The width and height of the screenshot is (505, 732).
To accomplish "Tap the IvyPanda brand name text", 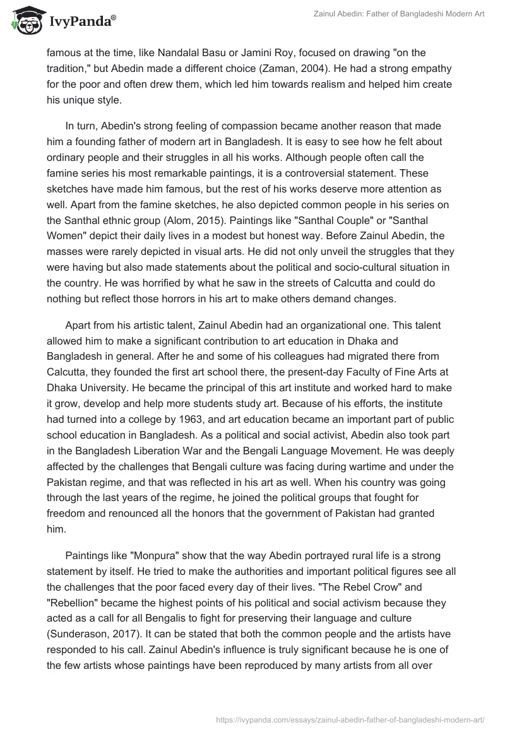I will coord(81,23).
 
